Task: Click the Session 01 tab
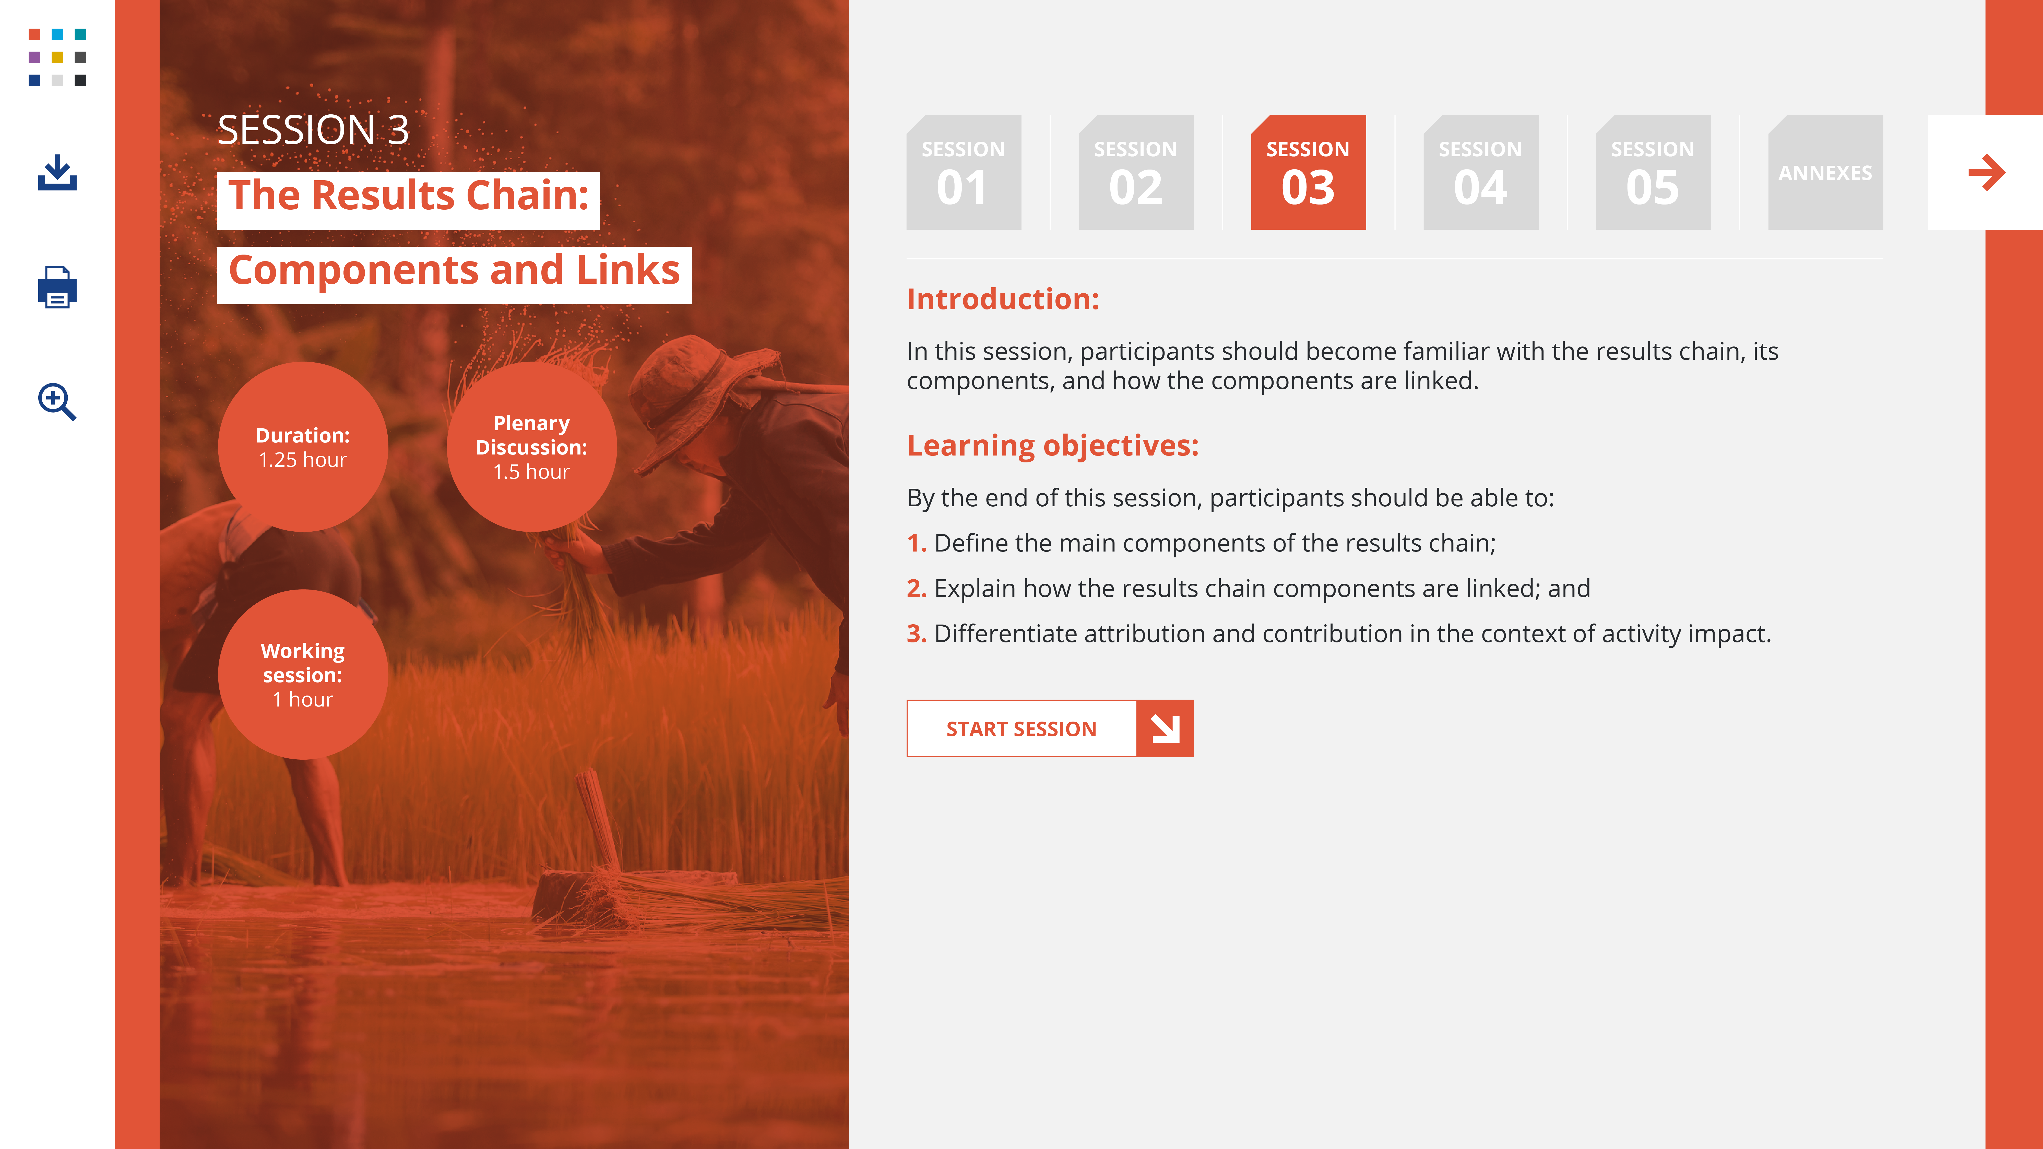pos(964,172)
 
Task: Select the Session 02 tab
pos(1136,172)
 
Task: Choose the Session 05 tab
pos(1653,172)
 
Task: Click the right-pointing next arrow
pos(1987,172)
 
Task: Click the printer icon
pos(57,287)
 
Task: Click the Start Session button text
pos(1022,729)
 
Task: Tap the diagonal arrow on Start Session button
pos(1165,728)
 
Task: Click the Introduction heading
pos(1003,299)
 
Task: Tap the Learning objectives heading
pos(1052,446)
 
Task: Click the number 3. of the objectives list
pos(916,633)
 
